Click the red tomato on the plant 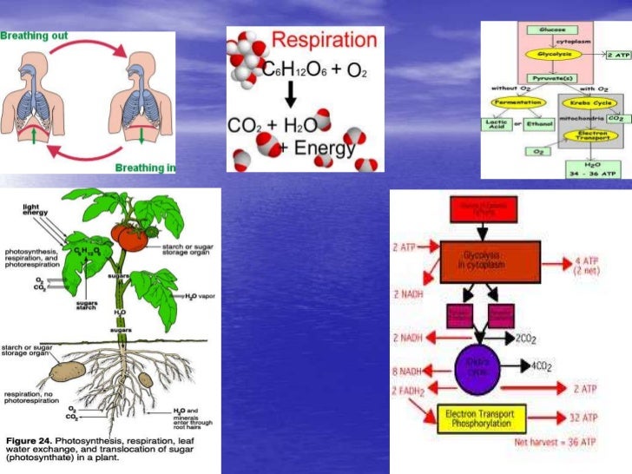coord(135,235)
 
